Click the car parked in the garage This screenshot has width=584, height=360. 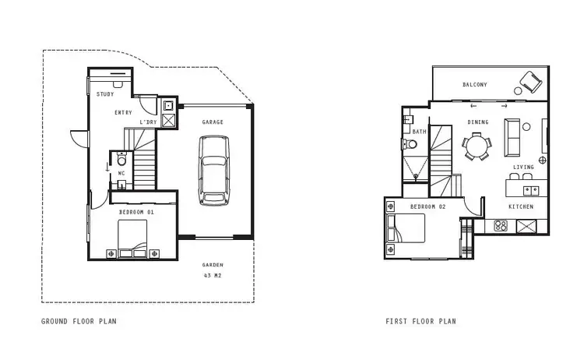(213, 170)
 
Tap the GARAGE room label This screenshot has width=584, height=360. (213, 122)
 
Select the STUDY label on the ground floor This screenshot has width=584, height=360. (105, 94)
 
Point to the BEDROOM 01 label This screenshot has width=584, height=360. (136, 212)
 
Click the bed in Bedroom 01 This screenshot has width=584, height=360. (132, 237)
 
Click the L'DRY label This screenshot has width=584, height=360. (148, 122)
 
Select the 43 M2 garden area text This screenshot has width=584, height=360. (213, 275)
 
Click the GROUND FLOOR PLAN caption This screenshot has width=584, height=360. (81, 321)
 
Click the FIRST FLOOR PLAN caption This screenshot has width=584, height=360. (421, 321)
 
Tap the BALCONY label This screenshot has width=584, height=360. (475, 84)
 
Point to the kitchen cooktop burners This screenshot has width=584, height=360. (501, 226)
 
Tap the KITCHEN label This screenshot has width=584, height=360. (521, 206)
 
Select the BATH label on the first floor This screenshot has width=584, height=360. (420, 132)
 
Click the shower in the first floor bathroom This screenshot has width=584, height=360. (416, 166)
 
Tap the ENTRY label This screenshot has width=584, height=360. (123, 113)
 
